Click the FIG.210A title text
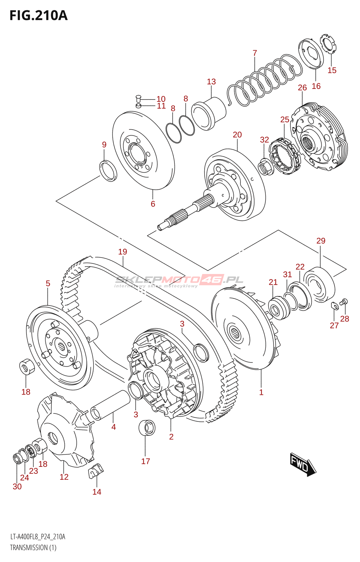[x=38, y=15]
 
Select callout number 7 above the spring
[x=255, y=53]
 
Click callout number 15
[x=332, y=70]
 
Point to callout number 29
[x=321, y=241]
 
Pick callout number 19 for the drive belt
[x=122, y=252]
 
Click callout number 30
[x=17, y=486]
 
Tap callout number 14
[x=97, y=492]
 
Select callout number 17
[x=146, y=461]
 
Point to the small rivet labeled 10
[x=138, y=98]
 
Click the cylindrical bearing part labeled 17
[x=147, y=427]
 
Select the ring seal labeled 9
[x=109, y=170]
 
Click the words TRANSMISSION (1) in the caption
[x=33, y=548]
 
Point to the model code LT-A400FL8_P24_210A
[x=38, y=537]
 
